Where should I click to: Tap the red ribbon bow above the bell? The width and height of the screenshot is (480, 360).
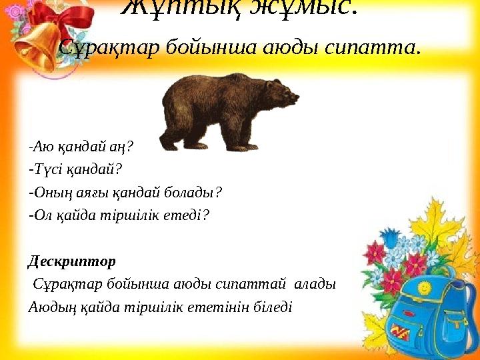tap(63, 20)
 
